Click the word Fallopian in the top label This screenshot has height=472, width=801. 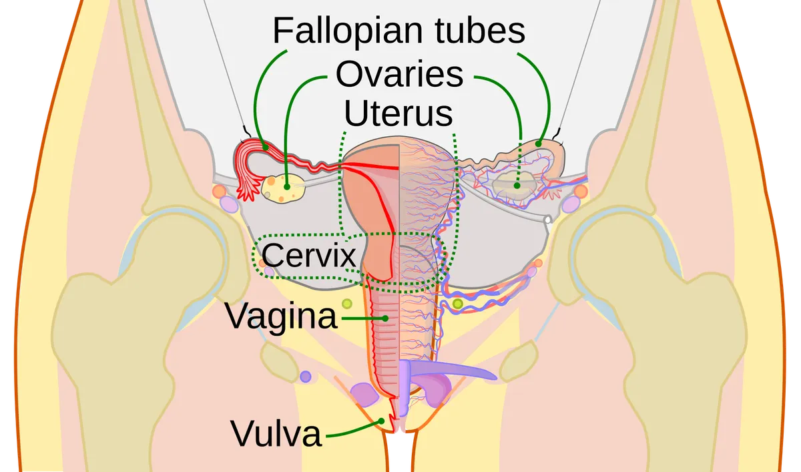point(348,31)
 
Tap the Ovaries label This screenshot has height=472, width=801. point(399,74)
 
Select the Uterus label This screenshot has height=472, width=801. point(398,113)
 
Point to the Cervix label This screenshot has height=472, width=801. point(308,255)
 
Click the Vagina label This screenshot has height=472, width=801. point(281,316)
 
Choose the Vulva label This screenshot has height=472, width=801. point(276,433)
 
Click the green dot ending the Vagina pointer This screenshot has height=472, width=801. point(385,318)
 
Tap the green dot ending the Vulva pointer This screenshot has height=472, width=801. point(382,421)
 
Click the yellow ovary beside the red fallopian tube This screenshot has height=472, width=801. point(283,188)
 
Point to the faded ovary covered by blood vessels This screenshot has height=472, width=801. point(514,185)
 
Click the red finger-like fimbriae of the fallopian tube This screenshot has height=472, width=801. point(248,188)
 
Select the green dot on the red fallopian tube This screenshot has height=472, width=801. point(265,148)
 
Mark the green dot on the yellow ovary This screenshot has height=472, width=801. point(287,187)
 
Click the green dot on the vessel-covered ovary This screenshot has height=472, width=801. point(517,186)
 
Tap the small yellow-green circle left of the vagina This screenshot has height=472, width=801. point(347,304)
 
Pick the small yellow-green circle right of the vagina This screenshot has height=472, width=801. point(458,304)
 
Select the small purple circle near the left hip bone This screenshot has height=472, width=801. point(306,377)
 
